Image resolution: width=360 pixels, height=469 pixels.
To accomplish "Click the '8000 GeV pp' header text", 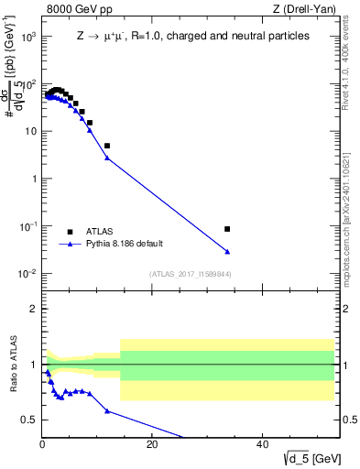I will point(73,9).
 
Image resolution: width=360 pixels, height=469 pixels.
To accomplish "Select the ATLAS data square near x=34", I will point(227,229).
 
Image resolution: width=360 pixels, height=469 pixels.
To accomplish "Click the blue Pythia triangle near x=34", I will point(227,251).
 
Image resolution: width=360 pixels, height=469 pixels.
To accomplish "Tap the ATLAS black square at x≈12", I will point(107,146).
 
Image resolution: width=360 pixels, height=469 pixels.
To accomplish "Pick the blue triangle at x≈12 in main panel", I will point(107,158).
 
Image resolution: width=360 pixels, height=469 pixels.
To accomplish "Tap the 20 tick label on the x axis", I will point(152,446).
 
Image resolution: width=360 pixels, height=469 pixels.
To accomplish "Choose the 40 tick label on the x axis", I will point(262,446).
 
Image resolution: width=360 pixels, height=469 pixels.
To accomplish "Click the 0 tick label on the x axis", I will point(42,446).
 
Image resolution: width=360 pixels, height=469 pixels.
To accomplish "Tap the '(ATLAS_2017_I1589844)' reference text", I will point(189,274).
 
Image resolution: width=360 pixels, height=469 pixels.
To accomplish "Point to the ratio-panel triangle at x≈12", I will point(107,410).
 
